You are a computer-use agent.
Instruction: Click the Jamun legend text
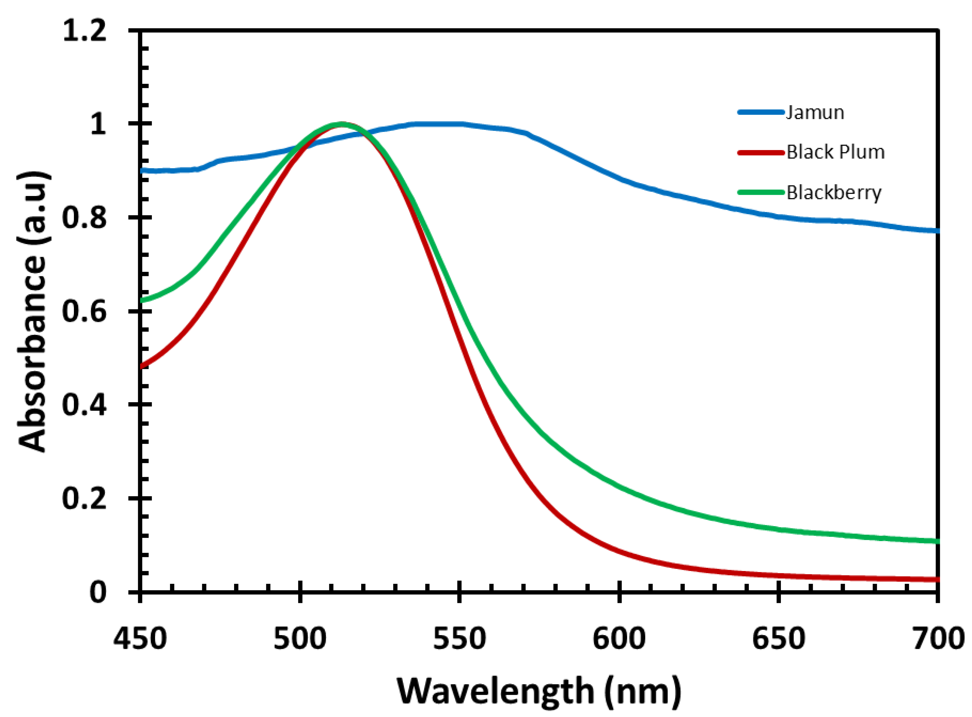tap(815, 113)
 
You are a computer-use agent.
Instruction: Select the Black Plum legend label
tap(835, 152)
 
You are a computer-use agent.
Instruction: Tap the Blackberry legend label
tap(834, 192)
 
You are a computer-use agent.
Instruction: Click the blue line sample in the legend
tap(761, 112)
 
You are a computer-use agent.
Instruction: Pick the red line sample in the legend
tap(761, 152)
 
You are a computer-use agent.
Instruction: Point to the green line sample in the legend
tap(761, 192)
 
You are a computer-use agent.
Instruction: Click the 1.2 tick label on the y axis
tap(85, 31)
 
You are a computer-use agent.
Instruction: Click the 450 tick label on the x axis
tap(140, 639)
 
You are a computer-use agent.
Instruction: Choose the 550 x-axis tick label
tap(459, 639)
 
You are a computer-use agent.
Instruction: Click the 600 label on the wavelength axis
tap(619, 639)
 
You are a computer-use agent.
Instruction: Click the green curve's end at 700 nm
tap(937, 541)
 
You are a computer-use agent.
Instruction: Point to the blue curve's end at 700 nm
tap(937, 230)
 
